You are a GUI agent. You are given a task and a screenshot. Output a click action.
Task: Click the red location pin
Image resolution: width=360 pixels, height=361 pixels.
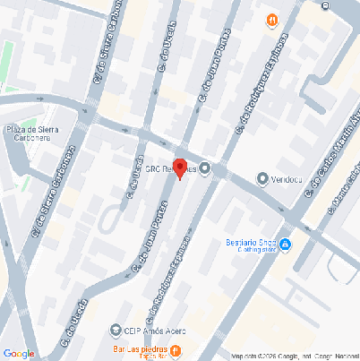(179, 168)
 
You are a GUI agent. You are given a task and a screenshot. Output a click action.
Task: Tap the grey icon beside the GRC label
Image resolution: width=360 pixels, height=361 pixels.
(205, 168)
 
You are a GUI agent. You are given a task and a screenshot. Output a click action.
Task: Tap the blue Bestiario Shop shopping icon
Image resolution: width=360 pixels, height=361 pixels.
(285, 245)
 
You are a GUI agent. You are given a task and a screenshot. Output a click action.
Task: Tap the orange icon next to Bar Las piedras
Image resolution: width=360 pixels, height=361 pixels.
(176, 348)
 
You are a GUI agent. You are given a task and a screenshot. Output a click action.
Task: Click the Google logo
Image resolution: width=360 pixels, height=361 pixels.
(19, 353)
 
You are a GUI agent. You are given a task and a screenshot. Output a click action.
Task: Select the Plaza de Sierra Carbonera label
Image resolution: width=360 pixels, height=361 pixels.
(32, 133)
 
